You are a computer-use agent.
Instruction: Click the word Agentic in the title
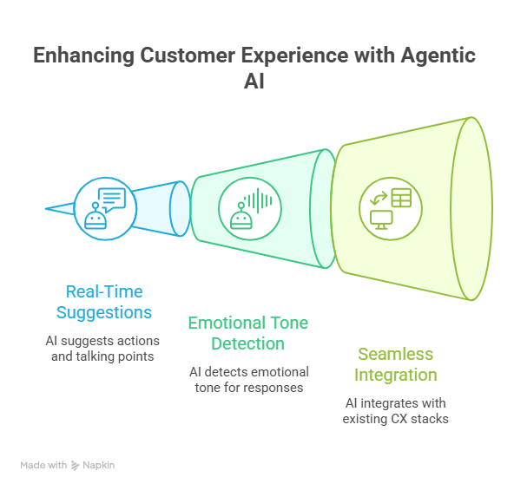(x=438, y=56)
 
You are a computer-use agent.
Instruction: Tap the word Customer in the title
(x=188, y=56)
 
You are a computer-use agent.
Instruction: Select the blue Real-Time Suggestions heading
(x=104, y=302)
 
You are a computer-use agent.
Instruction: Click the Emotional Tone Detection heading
(x=248, y=333)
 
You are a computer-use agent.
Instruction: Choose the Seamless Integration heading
(x=396, y=364)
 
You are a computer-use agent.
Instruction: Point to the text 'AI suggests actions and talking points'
(x=102, y=349)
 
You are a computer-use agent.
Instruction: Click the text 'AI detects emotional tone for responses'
(x=249, y=380)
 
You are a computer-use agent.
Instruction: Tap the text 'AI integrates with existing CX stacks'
(x=396, y=411)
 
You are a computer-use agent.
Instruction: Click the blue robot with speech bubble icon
(x=105, y=209)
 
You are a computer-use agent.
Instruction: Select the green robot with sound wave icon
(x=250, y=209)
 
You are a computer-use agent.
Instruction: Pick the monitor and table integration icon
(x=391, y=209)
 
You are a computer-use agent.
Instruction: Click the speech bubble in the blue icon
(x=112, y=199)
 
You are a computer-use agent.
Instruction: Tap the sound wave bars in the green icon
(x=258, y=200)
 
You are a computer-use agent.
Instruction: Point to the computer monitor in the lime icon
(x=381, y=219)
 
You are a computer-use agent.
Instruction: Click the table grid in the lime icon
(x=401, y=198)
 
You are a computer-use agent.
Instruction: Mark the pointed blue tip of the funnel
(x=45, y=209)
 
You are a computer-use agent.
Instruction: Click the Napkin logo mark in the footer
(x=75, y=466)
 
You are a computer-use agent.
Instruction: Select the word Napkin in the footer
(x=99, y=465)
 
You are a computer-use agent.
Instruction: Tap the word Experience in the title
(x=295, y=56)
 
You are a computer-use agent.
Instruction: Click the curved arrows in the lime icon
(x=379, y=199)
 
